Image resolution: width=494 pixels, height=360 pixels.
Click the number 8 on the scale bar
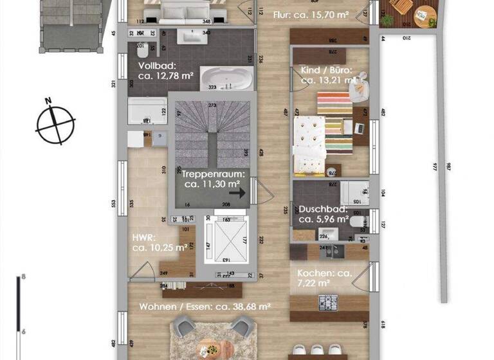click(24, 277)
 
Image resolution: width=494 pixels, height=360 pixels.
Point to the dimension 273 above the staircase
click(211, 104)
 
